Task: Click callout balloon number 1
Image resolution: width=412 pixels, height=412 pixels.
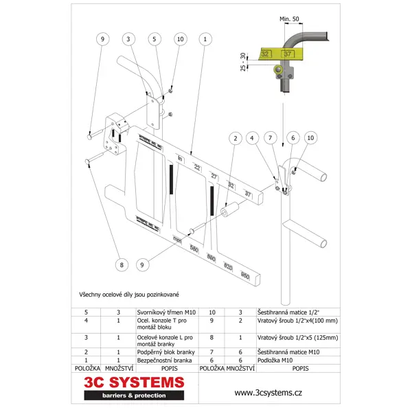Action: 205,40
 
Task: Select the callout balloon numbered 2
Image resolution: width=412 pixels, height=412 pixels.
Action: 236,139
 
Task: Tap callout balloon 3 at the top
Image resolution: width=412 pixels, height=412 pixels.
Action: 128,40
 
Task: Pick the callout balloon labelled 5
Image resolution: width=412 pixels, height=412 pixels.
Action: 154,40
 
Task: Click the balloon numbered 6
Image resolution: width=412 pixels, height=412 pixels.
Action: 293,139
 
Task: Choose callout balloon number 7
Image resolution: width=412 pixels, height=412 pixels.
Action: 272,139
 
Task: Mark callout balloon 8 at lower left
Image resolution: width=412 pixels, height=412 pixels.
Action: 122,264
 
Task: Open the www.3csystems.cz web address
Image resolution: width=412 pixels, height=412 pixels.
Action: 268,393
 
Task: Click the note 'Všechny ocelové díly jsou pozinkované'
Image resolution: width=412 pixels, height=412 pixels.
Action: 129,294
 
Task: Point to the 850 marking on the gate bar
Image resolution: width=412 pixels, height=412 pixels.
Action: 245,275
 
